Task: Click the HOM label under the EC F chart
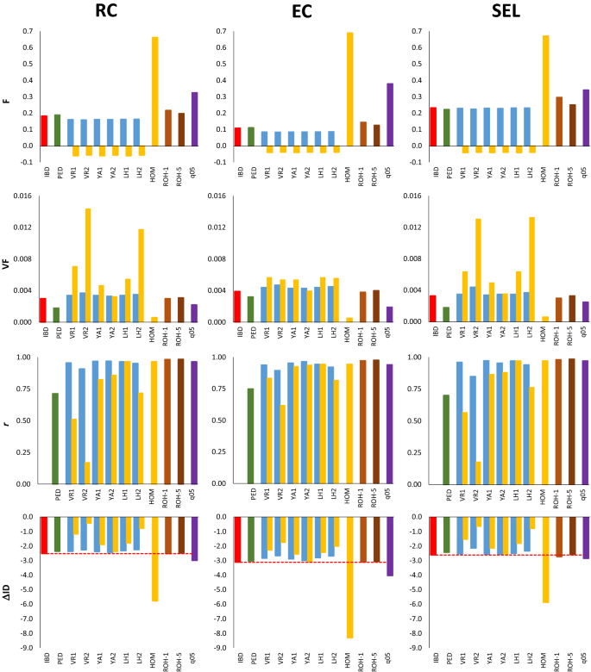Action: pos(350,174)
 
